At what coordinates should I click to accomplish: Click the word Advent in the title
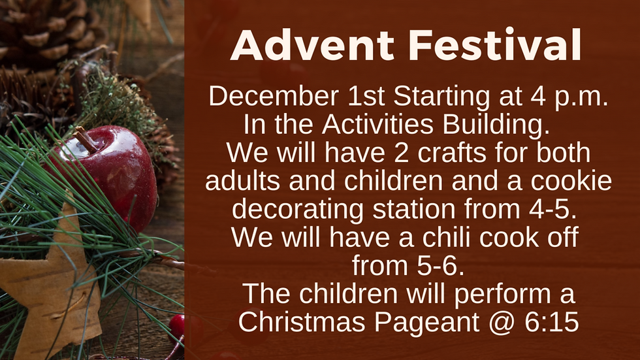pos(312,45)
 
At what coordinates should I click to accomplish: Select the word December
pos(274,96)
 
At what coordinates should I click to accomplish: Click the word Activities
pos(377,124)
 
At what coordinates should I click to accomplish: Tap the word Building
pos(496,125)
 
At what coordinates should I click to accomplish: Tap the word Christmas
pos(302,321)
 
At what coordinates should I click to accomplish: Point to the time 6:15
pos(551,321)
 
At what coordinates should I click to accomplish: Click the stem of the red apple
pos(86,140)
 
